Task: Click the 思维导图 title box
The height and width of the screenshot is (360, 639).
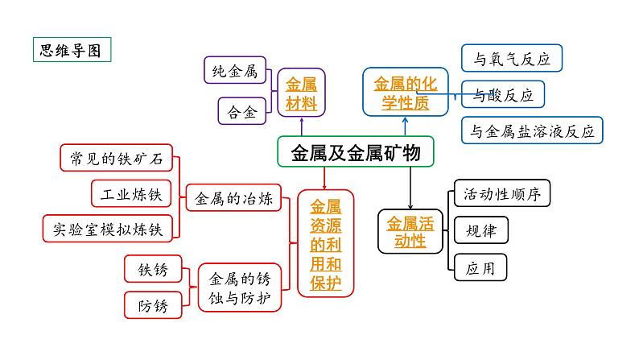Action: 71,50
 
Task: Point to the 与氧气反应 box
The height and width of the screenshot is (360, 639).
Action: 511,58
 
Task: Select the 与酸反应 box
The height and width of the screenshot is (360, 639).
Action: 504,95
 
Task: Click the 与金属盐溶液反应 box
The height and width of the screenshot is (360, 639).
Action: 532,131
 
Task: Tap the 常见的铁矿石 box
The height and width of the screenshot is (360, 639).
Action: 117,159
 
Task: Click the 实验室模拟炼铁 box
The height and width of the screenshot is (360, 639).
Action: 107,229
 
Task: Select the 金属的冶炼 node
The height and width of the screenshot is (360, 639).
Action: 234,198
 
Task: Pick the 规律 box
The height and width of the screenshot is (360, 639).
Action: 481,231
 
